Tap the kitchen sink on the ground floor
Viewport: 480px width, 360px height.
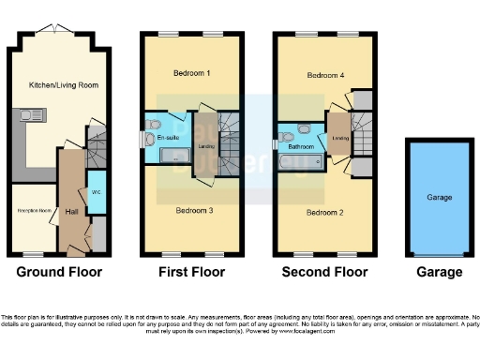click(23, 118)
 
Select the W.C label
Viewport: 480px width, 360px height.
click(97, 193)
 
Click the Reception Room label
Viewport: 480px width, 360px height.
click(33, 210)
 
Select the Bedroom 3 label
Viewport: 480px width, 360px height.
click(195, 211)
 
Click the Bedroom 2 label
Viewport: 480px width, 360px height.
click(324, 213)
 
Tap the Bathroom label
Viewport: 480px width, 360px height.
click(300, 147)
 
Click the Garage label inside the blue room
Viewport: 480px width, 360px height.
click(440, 198)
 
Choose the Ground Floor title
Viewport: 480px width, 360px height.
click(59, 273)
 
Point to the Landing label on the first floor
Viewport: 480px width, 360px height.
click(207, 145)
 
